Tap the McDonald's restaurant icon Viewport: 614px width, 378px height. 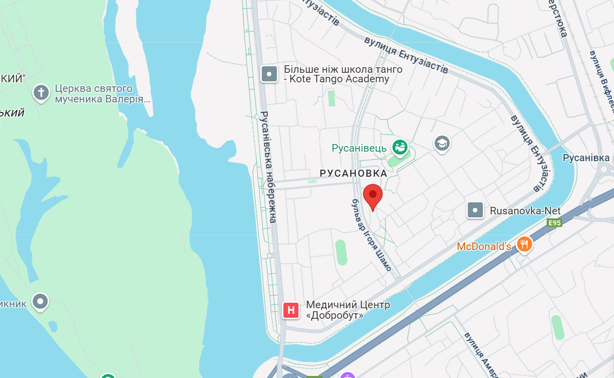tap(524, 244)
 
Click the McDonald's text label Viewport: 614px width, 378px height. tap(484, 246)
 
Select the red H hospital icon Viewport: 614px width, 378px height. tap(291, 310)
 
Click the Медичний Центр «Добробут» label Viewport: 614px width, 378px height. tap(348, 310)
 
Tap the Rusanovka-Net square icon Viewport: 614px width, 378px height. tap(475, 210)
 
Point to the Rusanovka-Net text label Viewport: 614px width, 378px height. tap(525, 211)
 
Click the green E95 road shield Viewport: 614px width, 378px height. tap(554, 223)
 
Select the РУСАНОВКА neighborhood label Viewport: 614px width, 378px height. tap(353, 173)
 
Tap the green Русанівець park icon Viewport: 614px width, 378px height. tap(400, 148)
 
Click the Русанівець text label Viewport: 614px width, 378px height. tap(359, 148)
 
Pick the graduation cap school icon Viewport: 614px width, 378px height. tap(442, 143)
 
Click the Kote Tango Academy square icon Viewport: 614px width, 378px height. tap(269, 74)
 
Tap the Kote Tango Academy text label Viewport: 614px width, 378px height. tap(343, 74)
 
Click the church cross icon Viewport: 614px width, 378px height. tap(41, 92)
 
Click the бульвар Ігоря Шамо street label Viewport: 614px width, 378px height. tap(371, 234)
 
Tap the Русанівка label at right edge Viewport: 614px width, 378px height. tap(585, 158)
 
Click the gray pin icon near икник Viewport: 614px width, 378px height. tap(40, 301)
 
